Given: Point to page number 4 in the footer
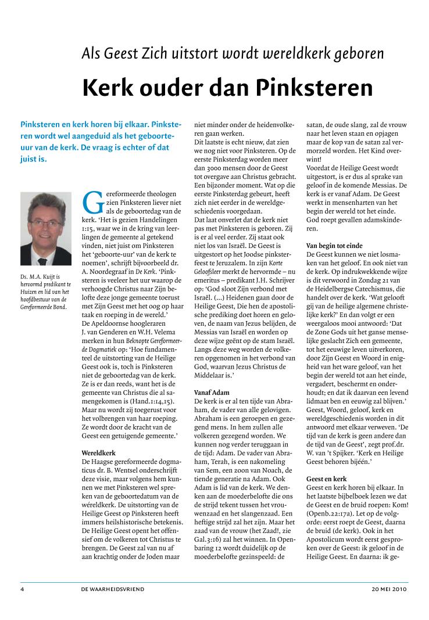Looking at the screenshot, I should tap(22, 589).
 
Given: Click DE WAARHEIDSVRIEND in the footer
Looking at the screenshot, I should tap(113, 589).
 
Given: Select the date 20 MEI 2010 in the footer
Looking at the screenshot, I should tap(390, 589).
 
